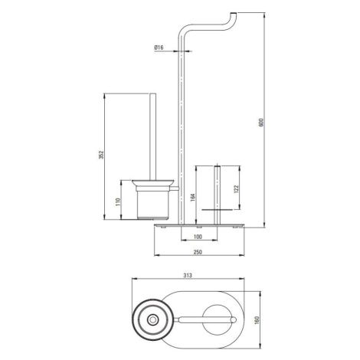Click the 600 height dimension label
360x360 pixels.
coord(261,123)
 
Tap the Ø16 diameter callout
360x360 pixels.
coord(159,47)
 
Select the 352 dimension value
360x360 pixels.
coord(101,155)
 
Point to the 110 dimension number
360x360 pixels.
coord(118,202)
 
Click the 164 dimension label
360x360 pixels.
coord(193,197)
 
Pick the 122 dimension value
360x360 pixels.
coord(236,189)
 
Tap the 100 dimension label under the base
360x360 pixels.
coord(198,237)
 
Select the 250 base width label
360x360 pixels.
coord(198,252)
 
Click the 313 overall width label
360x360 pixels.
coord(188,276)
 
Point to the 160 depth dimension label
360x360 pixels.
coord(257,320)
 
